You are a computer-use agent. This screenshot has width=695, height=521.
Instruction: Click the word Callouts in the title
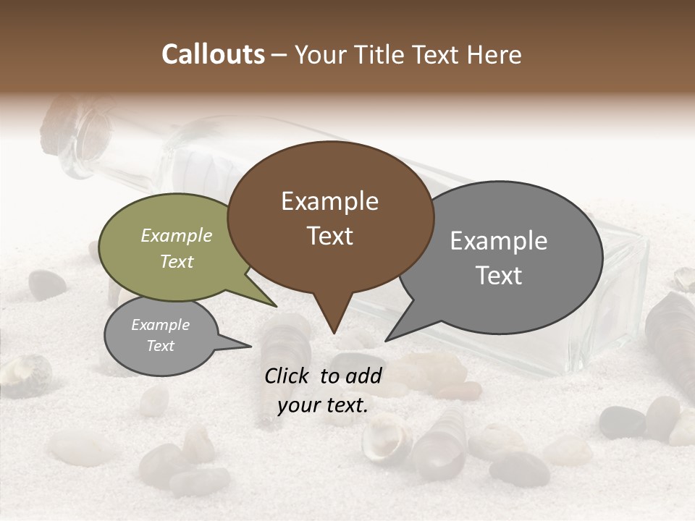(213, 54)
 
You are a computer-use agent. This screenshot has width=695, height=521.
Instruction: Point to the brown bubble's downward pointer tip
(334, 332)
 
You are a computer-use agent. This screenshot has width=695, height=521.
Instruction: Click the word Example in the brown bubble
(329, 201)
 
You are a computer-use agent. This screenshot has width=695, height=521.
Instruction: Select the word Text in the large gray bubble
(499, 276)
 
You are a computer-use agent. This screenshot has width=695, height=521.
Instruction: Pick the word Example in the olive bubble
(176, 236)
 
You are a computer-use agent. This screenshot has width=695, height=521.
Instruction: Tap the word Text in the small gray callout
(160, 346)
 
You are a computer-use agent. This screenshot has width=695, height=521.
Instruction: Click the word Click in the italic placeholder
(287, 376)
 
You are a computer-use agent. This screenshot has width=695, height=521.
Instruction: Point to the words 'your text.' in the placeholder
(322, 406)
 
